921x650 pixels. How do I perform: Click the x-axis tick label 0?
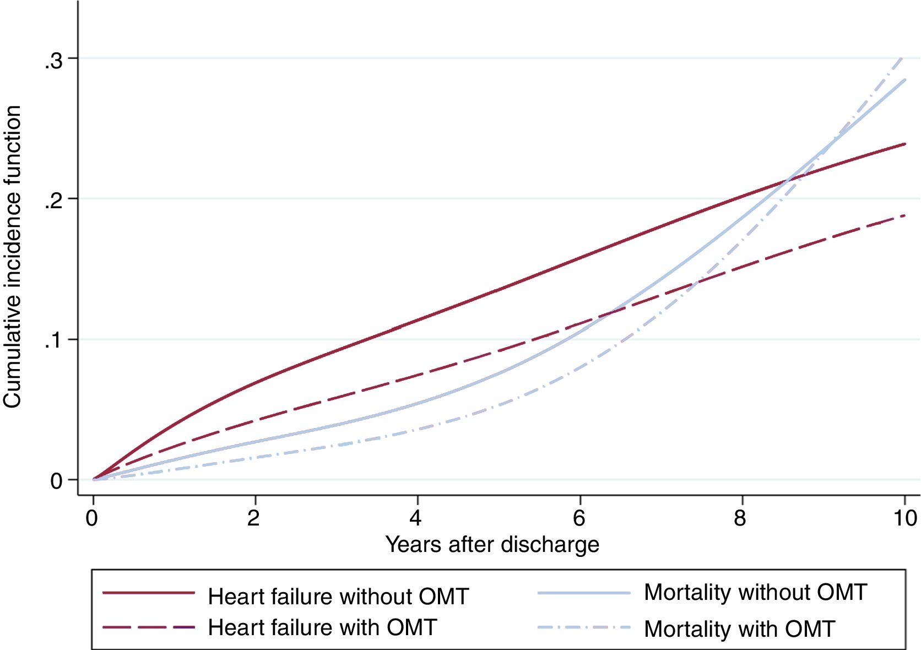(92, 518)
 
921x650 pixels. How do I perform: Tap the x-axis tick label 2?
(253, 518)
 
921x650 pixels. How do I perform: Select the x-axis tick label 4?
(416, 518)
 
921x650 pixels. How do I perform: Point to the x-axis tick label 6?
(578, 518)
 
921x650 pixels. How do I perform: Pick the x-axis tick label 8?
(740, 518)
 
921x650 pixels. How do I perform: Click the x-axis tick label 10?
(904, 518)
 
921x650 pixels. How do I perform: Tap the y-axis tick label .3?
(54, 61)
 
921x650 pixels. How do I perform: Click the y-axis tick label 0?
(56, 481)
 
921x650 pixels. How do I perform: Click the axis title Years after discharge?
(492, 544)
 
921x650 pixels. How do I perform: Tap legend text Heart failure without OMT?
(338, 597)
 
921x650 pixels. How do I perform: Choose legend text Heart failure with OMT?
(322, 627)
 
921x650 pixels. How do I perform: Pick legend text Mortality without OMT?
(755, 592)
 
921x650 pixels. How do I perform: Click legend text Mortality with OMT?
(739, 629)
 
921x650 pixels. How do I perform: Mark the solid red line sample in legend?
(149, 593)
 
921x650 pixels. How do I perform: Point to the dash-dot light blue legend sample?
(583, 627)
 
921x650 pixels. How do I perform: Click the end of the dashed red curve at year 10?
(904, 215)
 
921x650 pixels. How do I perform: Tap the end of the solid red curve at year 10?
(904, 144)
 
